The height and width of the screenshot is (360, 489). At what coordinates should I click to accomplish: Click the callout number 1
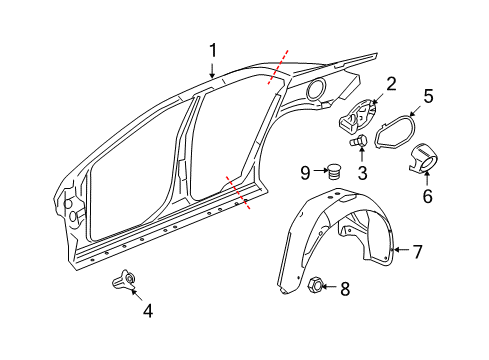(x=212, y=49)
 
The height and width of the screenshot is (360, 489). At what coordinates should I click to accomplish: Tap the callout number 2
(x=391, y=84)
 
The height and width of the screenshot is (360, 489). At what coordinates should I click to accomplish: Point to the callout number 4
(x=148, y=310)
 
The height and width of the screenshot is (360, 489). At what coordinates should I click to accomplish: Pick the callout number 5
(x=427, y=97)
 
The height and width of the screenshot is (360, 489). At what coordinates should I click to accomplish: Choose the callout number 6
(x=427, y=196)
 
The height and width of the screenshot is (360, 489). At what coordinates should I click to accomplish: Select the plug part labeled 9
(x=334, y=171)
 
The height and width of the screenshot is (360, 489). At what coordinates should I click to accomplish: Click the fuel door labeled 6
(x=427, y=158)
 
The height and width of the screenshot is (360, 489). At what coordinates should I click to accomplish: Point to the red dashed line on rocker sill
(x=237, y=191)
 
